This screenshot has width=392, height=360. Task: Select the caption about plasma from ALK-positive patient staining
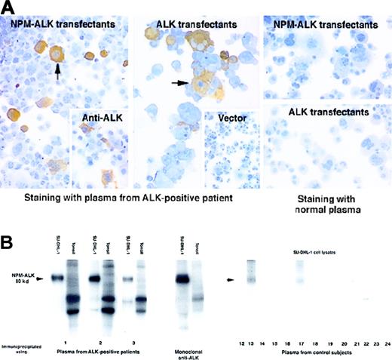(x=130, y=197)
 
